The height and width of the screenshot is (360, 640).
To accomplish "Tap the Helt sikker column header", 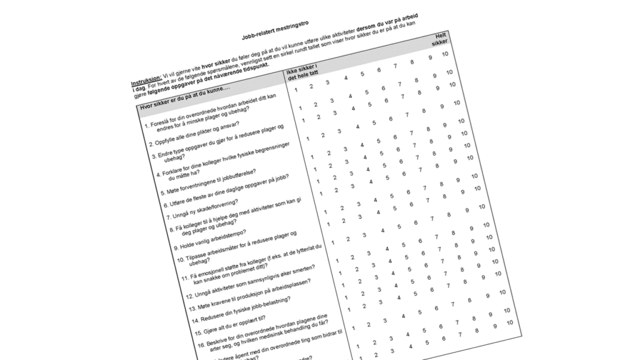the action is [441, 42].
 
